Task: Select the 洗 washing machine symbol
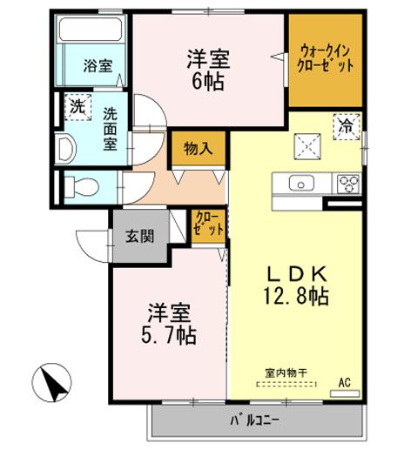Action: [77, 110]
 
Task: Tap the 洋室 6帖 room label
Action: [210, 70]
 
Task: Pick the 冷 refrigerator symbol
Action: [347, 124]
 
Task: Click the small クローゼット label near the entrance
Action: [209, 224]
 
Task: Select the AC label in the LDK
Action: [343, 380]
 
